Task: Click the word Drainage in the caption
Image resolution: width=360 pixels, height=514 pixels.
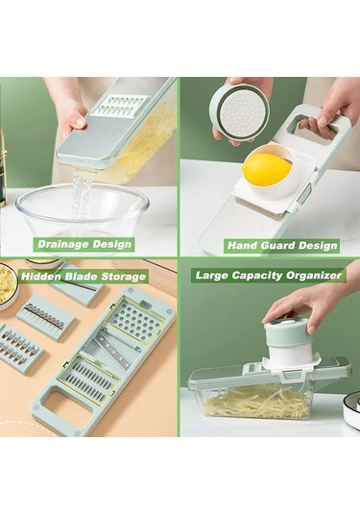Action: (x=63, y=244)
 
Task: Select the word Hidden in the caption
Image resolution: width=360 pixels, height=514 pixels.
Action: (x=41, y=277)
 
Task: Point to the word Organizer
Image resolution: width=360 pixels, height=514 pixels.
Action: (x=314, y=275)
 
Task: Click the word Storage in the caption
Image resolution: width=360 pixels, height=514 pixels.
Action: (x=123, y=277)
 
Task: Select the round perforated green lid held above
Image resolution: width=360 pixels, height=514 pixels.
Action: (x=239, y=111)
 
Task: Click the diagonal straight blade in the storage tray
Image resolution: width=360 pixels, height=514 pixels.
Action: (x=119, y=349)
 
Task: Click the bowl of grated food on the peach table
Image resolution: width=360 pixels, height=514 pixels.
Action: (x=9, y=285)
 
